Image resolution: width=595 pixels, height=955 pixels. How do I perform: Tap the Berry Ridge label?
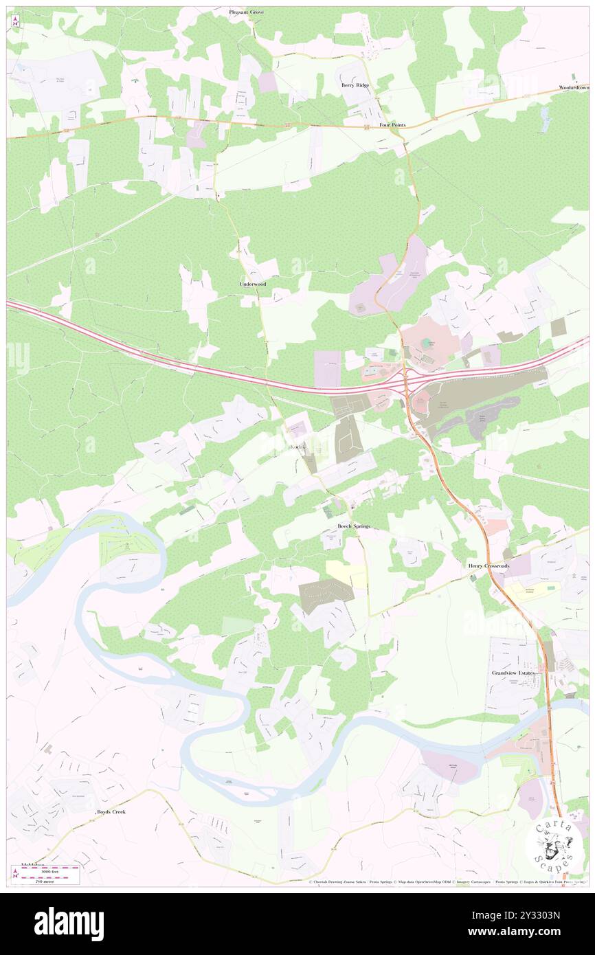355,85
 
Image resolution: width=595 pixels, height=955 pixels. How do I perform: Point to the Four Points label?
392,125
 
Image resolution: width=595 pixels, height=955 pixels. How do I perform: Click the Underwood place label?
252,284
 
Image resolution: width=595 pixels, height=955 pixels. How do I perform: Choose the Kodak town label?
297,448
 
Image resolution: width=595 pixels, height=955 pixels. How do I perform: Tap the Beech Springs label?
353,526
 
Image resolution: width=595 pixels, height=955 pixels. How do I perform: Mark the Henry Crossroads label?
488,565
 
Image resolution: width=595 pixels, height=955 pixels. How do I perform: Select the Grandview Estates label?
513,673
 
